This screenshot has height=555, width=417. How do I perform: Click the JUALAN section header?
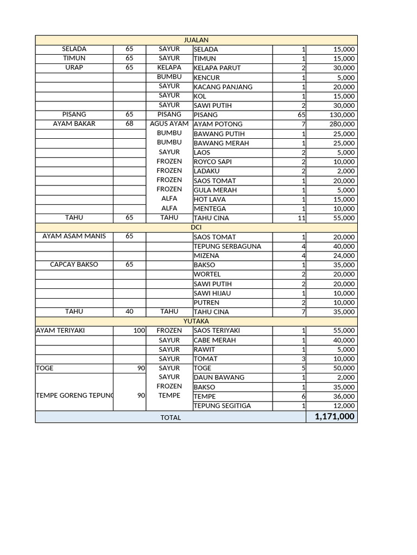196,40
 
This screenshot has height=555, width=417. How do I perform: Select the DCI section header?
196,228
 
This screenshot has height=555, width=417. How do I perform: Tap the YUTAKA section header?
196,321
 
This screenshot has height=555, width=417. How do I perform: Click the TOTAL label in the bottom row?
170,417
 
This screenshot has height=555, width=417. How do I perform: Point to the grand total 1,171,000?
334,416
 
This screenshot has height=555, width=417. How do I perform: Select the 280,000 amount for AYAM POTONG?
342,124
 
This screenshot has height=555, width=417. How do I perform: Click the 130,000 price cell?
342,115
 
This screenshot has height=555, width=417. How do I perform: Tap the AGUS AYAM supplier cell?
169,124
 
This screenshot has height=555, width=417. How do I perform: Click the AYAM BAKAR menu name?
74,124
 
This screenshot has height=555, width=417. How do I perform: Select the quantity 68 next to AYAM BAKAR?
129,124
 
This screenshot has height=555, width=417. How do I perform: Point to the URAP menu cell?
74,68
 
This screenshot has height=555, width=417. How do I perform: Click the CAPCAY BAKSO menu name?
74,265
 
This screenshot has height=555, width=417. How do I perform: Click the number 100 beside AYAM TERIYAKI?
140,331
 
